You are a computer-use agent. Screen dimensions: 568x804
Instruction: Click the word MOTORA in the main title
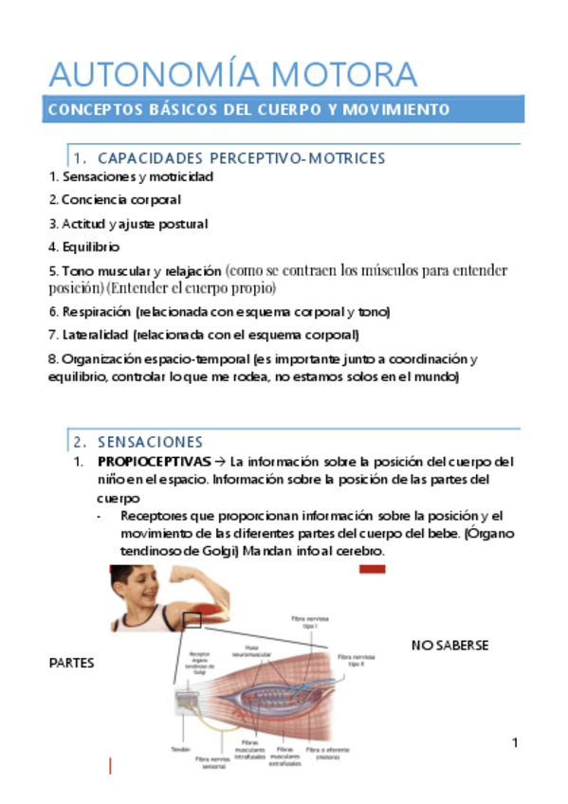coord(344,74)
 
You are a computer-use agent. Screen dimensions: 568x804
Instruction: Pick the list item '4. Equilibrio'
coord(84,247)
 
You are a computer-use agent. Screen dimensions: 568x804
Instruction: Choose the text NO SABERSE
coord(449,646)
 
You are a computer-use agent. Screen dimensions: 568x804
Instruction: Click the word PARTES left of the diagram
coord(71,664)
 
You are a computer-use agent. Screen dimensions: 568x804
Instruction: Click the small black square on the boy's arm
coord(192,619)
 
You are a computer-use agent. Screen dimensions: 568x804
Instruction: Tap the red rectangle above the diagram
coord(371,569)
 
